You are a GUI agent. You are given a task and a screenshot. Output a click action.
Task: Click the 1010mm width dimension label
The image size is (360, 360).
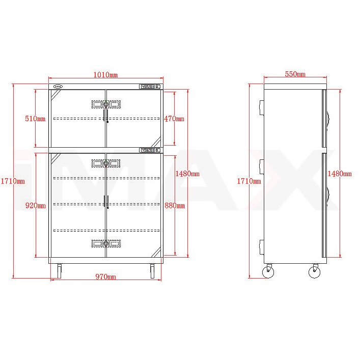(x=105, y=75)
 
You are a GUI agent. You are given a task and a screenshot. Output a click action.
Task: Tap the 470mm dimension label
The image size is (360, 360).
(x=174, y=119)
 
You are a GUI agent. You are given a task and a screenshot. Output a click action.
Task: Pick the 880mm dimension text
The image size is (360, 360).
(x=174, y=206)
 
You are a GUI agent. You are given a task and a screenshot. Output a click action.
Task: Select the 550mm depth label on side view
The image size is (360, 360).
(x=295, y=74)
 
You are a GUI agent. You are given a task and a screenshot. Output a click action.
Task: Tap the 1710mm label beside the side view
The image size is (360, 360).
(x=249, y=181)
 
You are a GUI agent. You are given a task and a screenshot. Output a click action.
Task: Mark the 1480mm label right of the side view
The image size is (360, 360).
(x=340, y=174)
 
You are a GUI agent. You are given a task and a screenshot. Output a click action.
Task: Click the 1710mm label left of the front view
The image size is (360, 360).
(x=12, y=181)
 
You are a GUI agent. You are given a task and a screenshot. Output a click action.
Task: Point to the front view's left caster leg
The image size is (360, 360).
(x=60, y=271)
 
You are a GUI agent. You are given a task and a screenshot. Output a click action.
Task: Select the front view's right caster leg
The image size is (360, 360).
(x=152, y=271)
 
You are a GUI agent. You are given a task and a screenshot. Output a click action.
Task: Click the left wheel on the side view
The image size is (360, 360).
(x=268, y=272)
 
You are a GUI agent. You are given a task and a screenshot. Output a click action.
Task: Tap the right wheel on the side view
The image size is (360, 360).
(x=315, y=272)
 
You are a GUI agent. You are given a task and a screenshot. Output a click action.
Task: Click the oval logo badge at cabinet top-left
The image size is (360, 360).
(x=57, y=87)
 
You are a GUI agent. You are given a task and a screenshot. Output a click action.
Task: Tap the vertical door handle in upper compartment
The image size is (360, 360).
(x=107, y=116)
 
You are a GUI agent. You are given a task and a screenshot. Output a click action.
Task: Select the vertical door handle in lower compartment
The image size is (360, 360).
(x=107, y=202)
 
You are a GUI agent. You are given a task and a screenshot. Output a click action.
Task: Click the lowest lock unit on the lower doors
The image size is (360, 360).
(x=106, y=243)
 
